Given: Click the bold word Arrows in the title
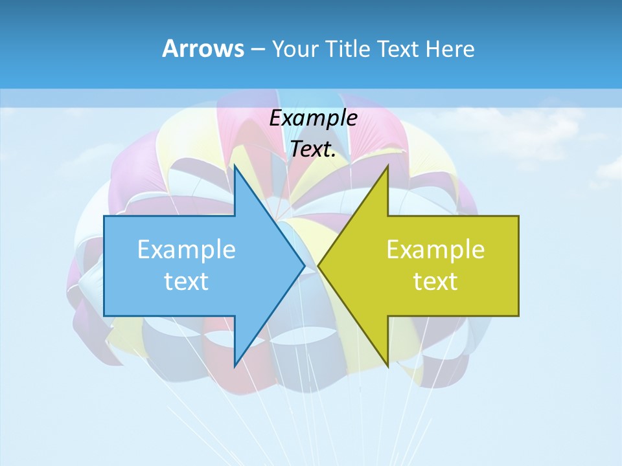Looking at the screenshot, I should coord(203,49).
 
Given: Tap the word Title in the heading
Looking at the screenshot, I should coord(348,49).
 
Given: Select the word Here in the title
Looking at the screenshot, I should coord(450,49).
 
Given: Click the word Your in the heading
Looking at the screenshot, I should coord(295,49).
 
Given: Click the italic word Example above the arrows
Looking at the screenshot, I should coord(314,118).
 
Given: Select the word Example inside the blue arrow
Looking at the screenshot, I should coord(187,249).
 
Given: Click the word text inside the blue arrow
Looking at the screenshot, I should coord(187,281).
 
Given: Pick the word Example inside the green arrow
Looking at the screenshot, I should coord(435,249).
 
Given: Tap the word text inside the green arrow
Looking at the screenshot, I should coord(435,281).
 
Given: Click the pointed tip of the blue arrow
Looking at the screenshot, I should coord(305,265).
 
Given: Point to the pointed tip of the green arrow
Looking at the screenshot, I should coord(318,265).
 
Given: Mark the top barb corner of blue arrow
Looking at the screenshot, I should coord(235,166).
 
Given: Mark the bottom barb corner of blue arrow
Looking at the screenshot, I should coord(235,366).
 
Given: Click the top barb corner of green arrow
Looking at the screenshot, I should coord(387,166).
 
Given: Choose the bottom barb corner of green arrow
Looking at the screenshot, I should coord(387,366).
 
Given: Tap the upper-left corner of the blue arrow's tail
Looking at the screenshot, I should coord(104,216).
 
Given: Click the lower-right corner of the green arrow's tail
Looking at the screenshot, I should coord(518,316).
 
